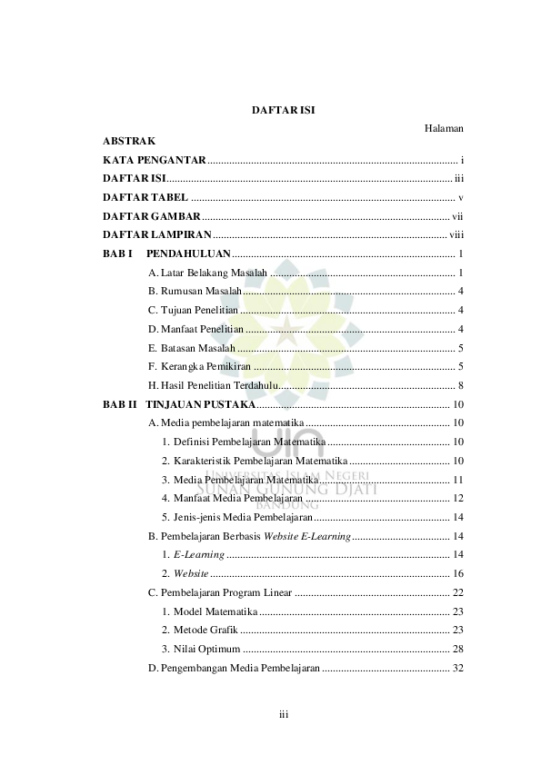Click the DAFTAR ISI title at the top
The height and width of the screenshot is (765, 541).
tap(283, 111)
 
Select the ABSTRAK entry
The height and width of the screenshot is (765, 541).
tap(129, 141)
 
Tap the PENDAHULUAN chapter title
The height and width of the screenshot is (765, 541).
tap(188, 253)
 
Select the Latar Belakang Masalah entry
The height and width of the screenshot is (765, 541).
tap(208, 273)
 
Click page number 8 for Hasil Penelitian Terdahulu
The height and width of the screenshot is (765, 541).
tap(461, 385)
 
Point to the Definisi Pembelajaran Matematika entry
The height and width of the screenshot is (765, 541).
tap(244, 442)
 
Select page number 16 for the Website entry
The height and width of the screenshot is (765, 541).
tap(458, 573)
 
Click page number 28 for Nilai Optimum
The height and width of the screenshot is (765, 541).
tap(458, 649)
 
